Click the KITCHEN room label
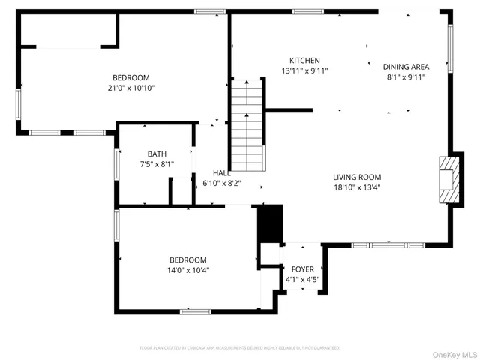pos(305,61)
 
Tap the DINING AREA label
pos(406,66)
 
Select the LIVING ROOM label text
pos(357,178)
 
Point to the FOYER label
pos(303,268)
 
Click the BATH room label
pos(157,154)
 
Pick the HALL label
pos(221,172)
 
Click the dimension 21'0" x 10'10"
pos(131,88)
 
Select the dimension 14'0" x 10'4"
pos(187,270)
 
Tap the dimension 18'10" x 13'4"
pos(357,187)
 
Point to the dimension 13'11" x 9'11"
pos(305,71)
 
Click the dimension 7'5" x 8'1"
pos(157,163)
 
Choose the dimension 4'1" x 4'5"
pos(303,279)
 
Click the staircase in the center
pos(247,127)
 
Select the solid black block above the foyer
pos(268,223)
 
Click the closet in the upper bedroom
pos(67,30)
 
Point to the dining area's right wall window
pos(450,48)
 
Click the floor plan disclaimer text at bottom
pos(239,348)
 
